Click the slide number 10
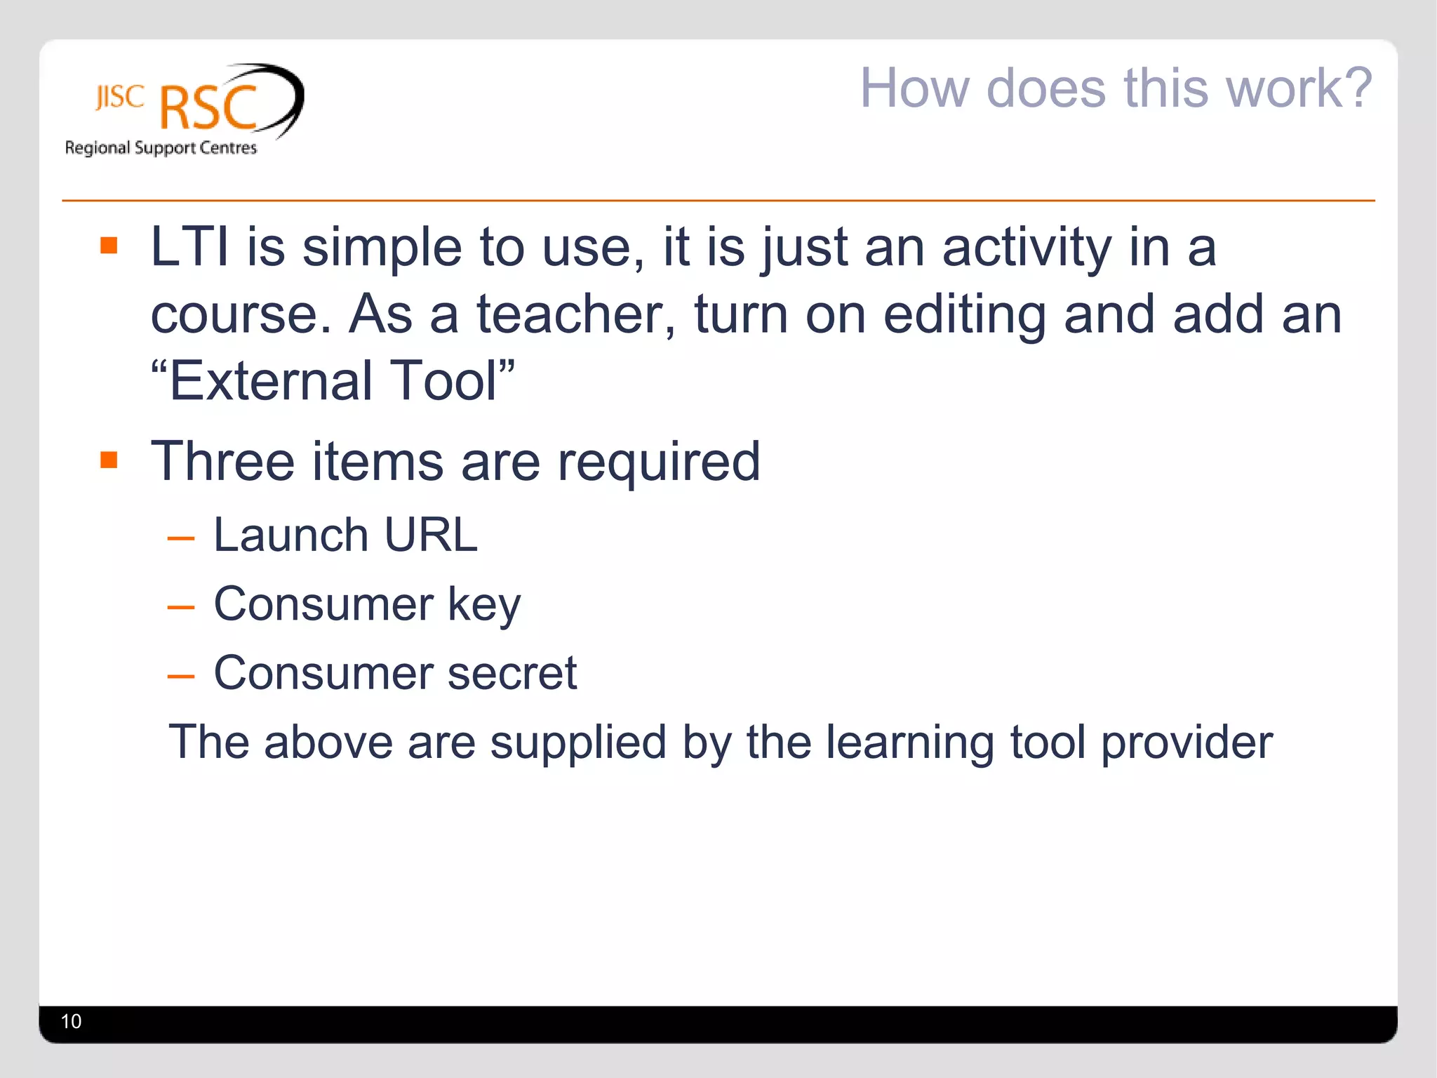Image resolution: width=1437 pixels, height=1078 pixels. [72, 1021]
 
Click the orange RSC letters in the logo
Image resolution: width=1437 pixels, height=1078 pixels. [208, 108]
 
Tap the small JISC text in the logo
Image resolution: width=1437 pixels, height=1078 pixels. [120, 98]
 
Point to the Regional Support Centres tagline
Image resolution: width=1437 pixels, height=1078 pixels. [161, 147]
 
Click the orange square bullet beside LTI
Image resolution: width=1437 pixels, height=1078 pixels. [109, 245]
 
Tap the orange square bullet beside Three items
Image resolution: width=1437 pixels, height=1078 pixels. [109, 460]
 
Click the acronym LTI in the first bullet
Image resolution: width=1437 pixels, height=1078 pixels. [189, 247]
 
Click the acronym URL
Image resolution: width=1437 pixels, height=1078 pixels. [430, 535]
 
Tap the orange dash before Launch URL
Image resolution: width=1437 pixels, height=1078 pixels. [180, 539]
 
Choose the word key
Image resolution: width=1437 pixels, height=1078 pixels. [484, 605]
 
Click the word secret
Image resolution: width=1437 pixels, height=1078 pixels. [512, 673]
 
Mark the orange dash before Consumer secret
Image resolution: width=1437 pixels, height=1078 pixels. [180, 677]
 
